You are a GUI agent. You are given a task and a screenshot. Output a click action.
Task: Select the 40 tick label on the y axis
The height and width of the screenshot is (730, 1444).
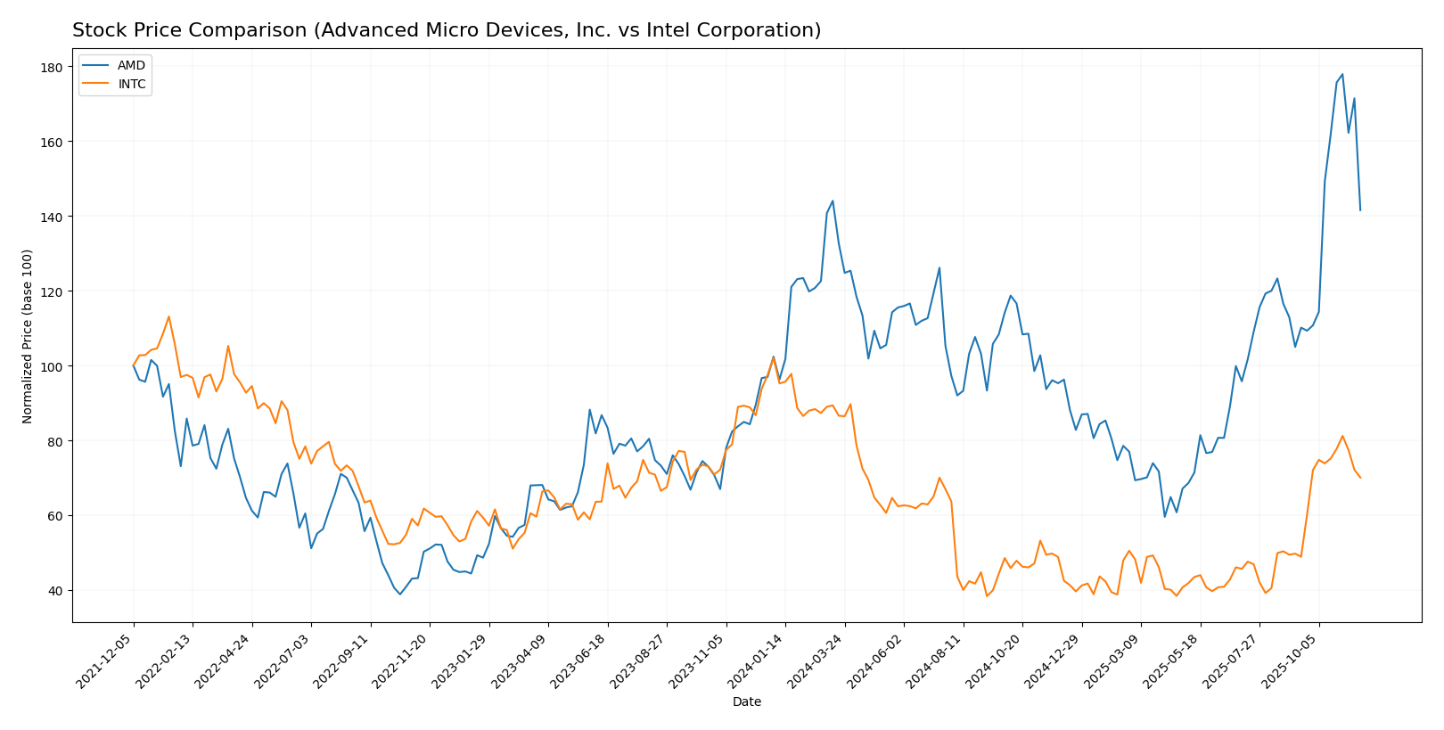53,591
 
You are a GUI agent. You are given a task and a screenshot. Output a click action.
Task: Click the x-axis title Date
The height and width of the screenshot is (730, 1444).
746,702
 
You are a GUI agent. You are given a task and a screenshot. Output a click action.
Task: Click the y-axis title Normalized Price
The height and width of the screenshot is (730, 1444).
28,336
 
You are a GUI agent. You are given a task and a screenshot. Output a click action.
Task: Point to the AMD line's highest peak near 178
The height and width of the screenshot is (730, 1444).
1342,74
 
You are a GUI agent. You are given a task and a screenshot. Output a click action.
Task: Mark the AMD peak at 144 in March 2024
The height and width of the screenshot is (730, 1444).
833,201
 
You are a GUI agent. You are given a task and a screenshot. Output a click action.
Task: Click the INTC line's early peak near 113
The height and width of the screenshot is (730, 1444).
168,316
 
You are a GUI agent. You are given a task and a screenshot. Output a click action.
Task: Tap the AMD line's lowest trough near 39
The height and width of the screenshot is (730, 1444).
400,595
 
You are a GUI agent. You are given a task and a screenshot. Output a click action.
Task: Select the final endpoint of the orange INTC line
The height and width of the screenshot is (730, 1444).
1360,478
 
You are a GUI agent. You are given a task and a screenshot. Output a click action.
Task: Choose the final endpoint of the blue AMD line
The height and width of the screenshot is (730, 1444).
1360,210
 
